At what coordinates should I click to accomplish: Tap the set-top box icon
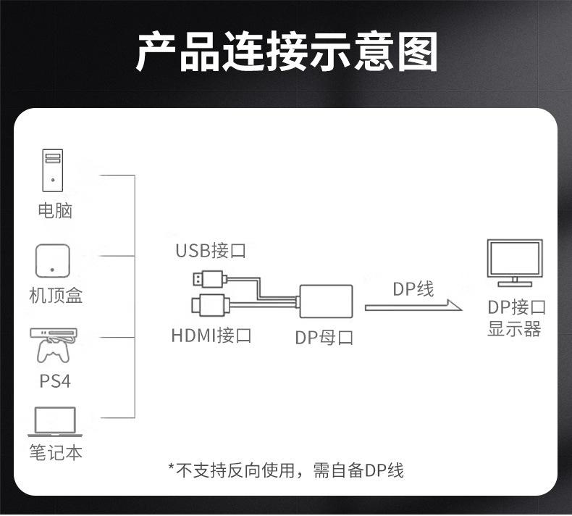(53, 261)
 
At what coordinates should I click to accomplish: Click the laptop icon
(54, 422)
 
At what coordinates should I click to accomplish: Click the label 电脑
(55, 211)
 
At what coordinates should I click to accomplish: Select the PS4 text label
(55, 381)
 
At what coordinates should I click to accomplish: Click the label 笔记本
(55, 453)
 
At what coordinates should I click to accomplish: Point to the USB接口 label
(211, 251)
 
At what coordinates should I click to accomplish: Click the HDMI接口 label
(211, 336)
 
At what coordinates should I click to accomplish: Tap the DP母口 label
(324, 337)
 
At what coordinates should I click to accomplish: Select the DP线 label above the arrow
(413, 289)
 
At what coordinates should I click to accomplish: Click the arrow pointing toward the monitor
(413, 307)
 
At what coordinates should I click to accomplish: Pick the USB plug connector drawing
(210, 278)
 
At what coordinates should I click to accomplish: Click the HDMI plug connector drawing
(211, 304)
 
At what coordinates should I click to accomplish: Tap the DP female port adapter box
(326, 300)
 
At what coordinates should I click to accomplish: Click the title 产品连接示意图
(287, 51)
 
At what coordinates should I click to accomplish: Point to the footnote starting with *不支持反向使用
(285, 470)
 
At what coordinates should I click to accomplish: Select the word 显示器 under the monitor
(515, 330)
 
